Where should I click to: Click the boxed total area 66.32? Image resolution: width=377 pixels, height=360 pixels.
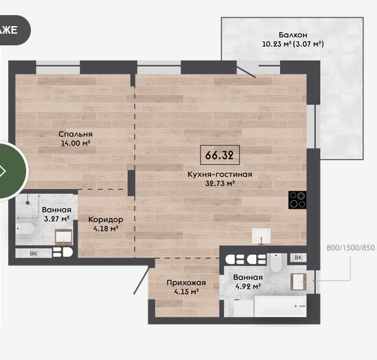point(220,155)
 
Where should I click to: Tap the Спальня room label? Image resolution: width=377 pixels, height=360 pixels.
point(76,134)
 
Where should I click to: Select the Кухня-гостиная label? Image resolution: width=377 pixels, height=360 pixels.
point(220,174)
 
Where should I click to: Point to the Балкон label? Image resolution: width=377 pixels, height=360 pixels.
point(293,35)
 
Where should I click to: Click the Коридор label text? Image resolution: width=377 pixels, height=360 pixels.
point(106,219)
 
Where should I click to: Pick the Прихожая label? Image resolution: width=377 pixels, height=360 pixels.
point(186,282)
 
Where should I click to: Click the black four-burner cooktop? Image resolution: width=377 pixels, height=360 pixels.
point(297,200)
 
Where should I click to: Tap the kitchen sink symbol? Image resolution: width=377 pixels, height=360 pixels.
point(261,236)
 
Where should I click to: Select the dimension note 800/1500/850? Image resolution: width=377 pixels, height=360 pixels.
point(350,247)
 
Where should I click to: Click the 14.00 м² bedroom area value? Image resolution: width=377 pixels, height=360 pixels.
point(76,143)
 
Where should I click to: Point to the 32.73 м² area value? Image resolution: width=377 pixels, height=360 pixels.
point(220,183)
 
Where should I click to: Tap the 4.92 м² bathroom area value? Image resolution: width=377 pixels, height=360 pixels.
point(248,286)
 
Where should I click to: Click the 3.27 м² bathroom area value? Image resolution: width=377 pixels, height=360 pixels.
point(57,219)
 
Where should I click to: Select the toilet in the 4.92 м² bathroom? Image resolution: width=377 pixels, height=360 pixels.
point(276,262)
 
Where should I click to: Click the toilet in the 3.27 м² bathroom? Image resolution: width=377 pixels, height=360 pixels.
point(25,229)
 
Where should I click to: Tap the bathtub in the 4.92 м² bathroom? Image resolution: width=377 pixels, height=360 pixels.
point(280,306)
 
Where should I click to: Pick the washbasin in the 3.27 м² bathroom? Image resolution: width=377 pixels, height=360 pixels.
point(63,236)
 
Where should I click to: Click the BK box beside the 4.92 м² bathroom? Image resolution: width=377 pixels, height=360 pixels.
point(298,258)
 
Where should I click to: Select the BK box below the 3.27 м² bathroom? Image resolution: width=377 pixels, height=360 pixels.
point(34,254)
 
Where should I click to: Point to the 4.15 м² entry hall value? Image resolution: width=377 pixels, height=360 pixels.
point(186,292)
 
